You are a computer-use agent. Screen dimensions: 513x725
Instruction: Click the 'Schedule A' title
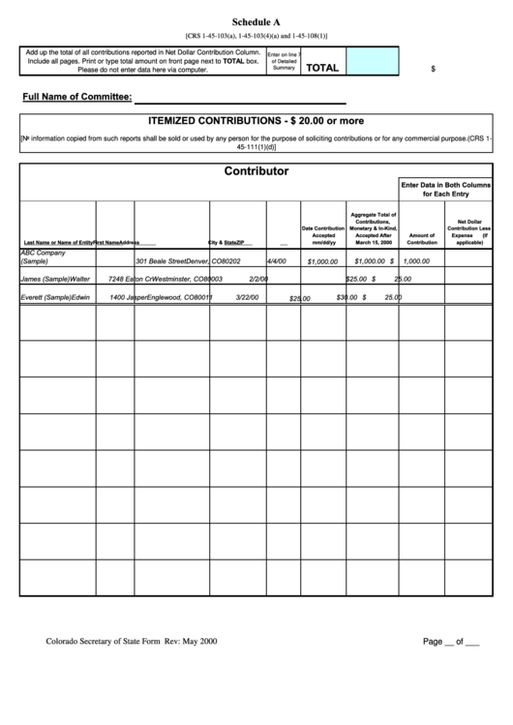click(256, 21)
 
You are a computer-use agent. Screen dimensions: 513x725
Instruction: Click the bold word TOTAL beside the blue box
click(322, 68)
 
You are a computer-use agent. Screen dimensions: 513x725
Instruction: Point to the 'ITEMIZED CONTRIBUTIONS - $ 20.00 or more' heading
click(256, 121)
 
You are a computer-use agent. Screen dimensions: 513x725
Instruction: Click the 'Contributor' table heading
click(256, 170)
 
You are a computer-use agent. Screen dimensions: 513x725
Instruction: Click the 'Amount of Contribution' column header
click(422, 238)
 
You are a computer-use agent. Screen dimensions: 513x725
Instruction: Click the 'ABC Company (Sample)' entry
click(43, 257)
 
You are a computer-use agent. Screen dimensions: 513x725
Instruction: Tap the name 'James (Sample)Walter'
click(55, 279)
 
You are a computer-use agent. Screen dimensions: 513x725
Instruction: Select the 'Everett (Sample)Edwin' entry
click(55, 297)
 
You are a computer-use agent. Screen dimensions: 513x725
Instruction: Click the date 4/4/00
click(277, 260)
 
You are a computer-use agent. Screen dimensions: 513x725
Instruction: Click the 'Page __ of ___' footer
click(450, 640)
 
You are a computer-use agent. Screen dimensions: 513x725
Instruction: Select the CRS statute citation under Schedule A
click(256, 36)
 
